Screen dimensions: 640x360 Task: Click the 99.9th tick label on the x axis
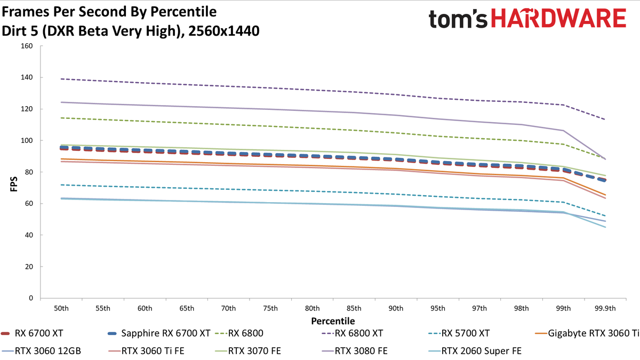tap(605, 308)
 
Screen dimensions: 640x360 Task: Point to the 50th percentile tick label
tap(61, 308)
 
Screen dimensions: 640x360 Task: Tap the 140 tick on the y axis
tap(27, 77)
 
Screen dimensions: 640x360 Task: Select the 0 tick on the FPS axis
tap(31, 298)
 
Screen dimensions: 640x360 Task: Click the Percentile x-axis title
tap(333, 321)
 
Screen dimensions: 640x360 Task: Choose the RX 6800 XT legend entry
tap(352, 333)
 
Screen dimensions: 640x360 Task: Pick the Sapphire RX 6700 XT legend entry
tap(159, 333)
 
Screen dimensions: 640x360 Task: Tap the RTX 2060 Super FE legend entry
tap(475, 351)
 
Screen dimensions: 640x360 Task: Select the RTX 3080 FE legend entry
tap(355, 351)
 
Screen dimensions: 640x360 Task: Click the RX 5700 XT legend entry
tap(459, 333)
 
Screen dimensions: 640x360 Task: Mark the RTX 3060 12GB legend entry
tap(41, 351)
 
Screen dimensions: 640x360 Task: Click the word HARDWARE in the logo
tap(558, 18)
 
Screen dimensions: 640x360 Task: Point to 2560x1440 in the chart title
tap(224, 31)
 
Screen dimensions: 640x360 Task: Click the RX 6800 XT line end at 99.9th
tap(605, 119)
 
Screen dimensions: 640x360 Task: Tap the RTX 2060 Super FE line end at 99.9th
tap(605, 227)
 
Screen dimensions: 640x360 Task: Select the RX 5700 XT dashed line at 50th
tap(61, 185)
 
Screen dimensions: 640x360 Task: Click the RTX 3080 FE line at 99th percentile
tap(563, 131)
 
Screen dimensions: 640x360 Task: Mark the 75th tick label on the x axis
tap(270, 308)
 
